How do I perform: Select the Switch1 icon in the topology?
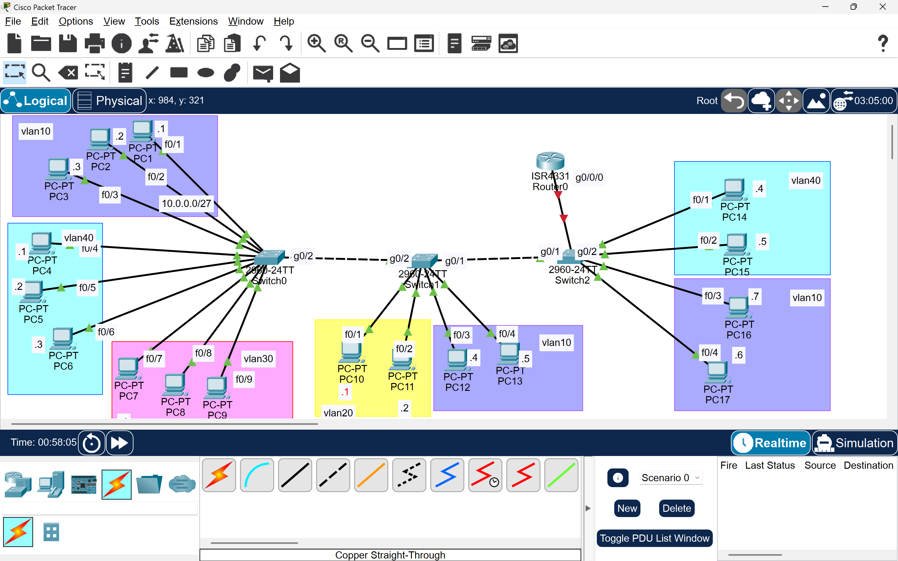coord(424,260)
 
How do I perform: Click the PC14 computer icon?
coord(734,189)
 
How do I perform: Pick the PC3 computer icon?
coord(58,169)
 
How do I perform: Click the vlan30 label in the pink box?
coord(258,359)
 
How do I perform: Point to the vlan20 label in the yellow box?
coord(338,413)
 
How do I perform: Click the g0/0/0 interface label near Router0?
coord(589,177)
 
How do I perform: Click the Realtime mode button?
coord(771,443)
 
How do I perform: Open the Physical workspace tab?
coord(110,101)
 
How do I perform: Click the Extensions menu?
coord(193,21)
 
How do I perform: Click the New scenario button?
coord(627,508)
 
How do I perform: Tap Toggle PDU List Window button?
coord(654,538)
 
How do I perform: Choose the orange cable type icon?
coord(371,475)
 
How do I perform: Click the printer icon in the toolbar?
coord(94,43)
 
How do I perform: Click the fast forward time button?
coord(119,443)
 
